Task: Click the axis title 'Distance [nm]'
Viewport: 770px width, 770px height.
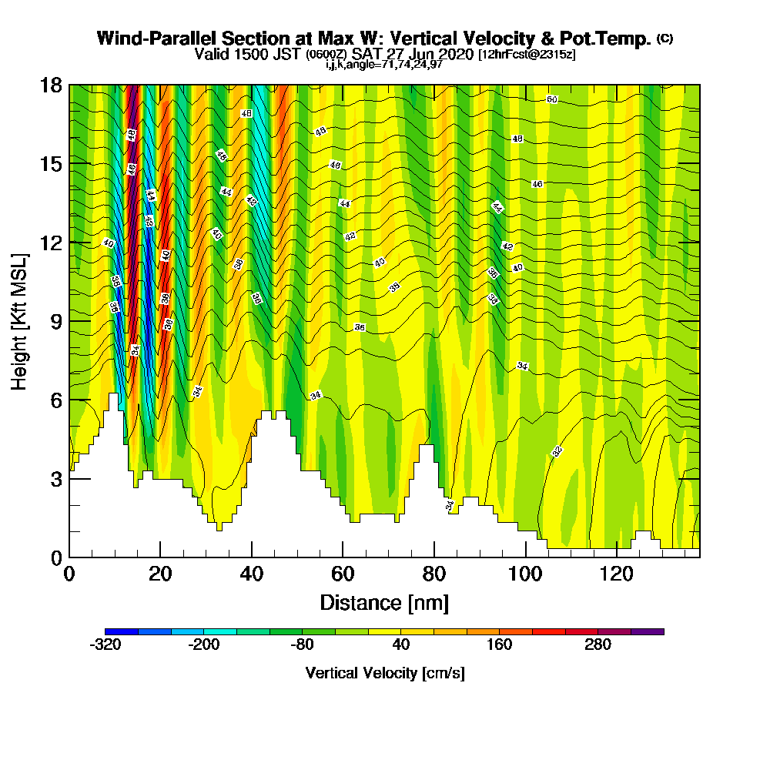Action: click(384, 602)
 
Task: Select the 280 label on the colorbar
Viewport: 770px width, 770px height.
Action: click(598, 645)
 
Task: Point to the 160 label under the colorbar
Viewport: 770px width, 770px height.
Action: click(499, 645)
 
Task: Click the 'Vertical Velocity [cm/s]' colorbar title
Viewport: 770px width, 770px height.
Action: click(384, 673)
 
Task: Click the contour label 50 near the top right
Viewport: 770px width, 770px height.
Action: click(552, 99)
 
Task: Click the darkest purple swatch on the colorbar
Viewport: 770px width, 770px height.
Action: click(647, 631)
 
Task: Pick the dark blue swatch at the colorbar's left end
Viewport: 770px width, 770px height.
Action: click(122, 631)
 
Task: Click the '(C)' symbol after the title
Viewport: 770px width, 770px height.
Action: click(664, 38)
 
